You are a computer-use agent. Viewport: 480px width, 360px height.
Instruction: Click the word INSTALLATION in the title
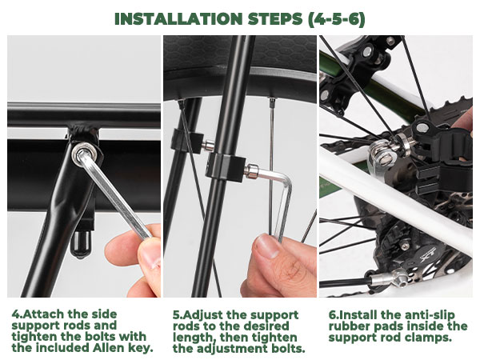(178, 19)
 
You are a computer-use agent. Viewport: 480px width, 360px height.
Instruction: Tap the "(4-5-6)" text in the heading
(337, 19)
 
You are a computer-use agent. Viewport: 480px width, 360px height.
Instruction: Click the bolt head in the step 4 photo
(84, 154)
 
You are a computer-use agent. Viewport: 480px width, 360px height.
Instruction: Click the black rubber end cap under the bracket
(80, 243)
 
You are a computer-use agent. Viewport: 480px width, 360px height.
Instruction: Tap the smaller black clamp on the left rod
(186, 141)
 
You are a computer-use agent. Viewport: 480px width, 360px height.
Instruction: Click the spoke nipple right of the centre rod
(271, 103)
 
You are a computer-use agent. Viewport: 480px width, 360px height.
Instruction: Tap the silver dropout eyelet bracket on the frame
(380, 159)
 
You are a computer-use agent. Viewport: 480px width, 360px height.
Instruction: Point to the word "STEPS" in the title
(275, 19)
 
